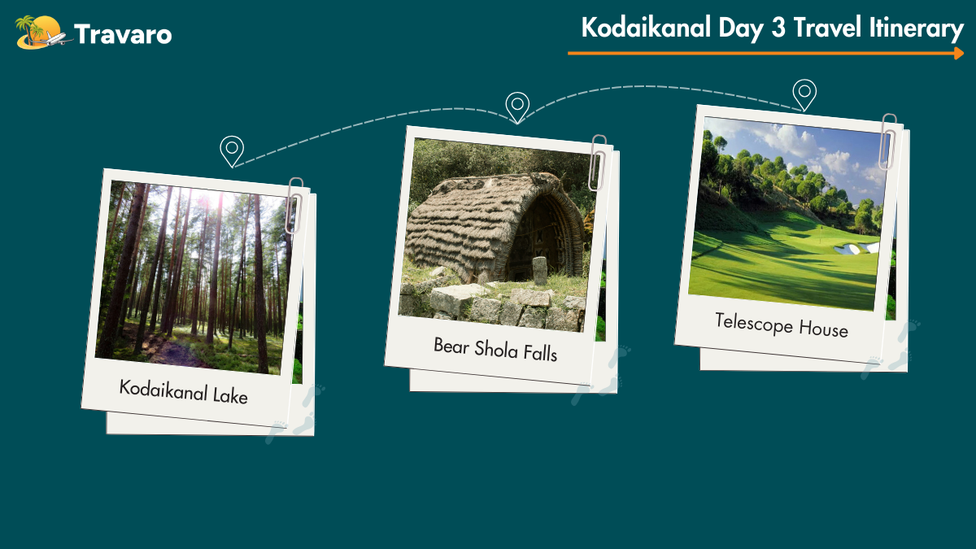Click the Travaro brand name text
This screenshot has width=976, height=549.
(123, 34)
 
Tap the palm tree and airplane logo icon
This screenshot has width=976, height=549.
(42, 33)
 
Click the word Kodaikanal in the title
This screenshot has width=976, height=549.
(646, 27)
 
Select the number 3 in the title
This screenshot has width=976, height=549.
(778, 27)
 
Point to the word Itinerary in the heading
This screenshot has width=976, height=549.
(916, 28)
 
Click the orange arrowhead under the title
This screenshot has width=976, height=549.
(959, 53)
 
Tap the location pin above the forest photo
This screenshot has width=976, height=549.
(232, 151)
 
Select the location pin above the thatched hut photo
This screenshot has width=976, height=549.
(517, 107)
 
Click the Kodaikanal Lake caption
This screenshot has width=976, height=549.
(184, 392)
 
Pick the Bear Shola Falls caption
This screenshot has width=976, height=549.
(495, 350)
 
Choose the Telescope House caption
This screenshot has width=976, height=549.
(782, 325)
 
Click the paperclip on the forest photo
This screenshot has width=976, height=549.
(294, 206)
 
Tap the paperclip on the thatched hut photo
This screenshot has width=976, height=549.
(597, 163)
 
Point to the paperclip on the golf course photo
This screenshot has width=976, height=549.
(887, 142)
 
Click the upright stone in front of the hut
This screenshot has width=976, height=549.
(540, 271)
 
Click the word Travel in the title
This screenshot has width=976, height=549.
(827, 27)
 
